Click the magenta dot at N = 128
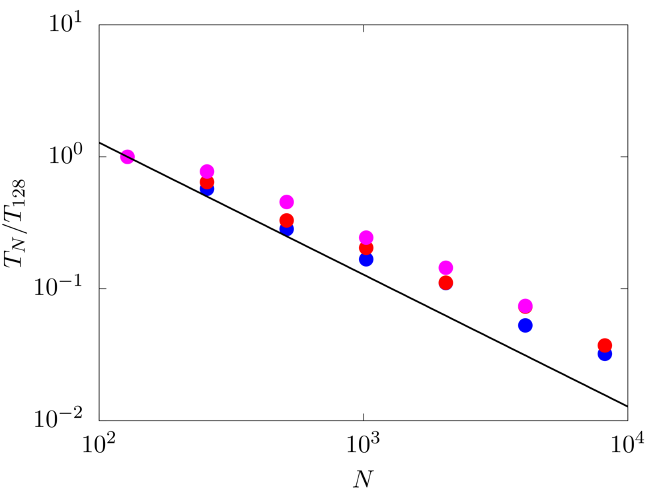pos(128,157)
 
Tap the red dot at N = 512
pos(286,220)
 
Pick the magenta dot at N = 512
pos(286,202)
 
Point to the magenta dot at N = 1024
pos(366,238)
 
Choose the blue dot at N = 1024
pos(366,259)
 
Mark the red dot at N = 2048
pos(446,282)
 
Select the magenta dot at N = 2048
pos(446,268)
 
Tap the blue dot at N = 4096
pos(525,325)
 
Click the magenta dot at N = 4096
pos(525,306)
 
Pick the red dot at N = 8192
pos(605,345)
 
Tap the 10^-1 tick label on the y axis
pos(66,288)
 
